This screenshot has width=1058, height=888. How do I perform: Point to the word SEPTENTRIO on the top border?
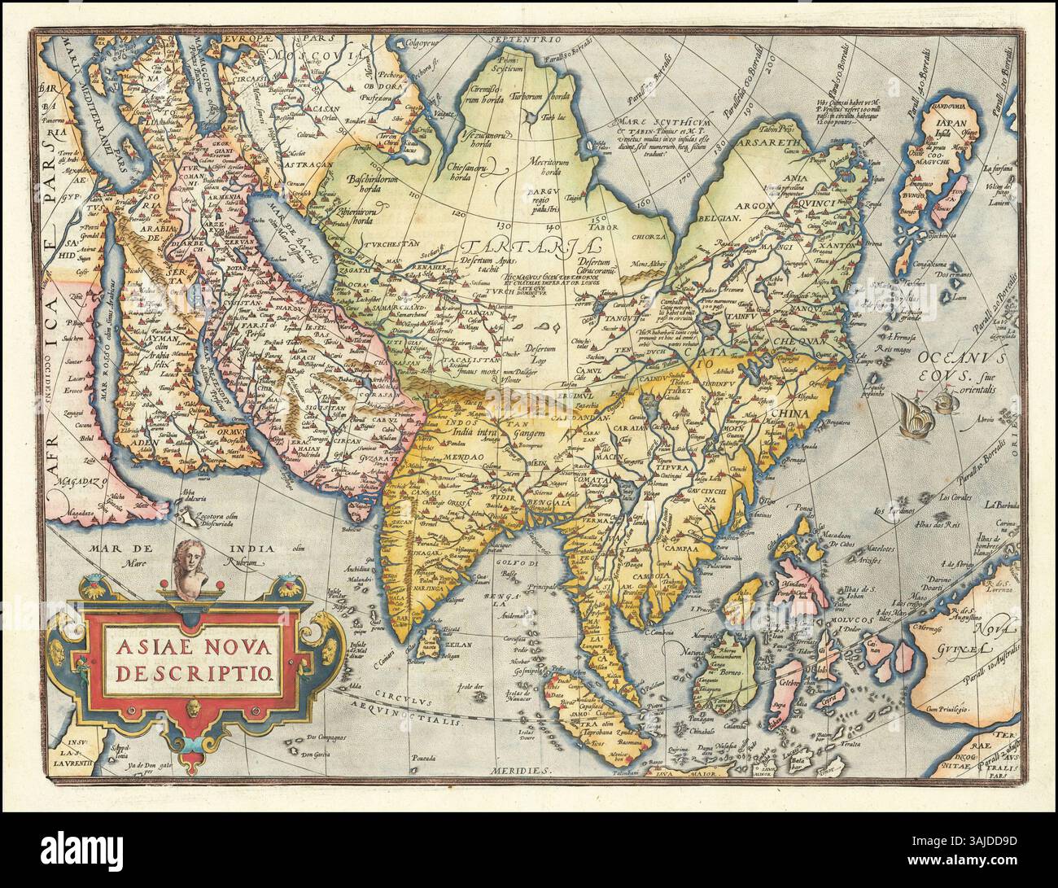(x=531, y=39)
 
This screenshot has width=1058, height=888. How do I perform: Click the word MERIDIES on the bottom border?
(x=522, y=769)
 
